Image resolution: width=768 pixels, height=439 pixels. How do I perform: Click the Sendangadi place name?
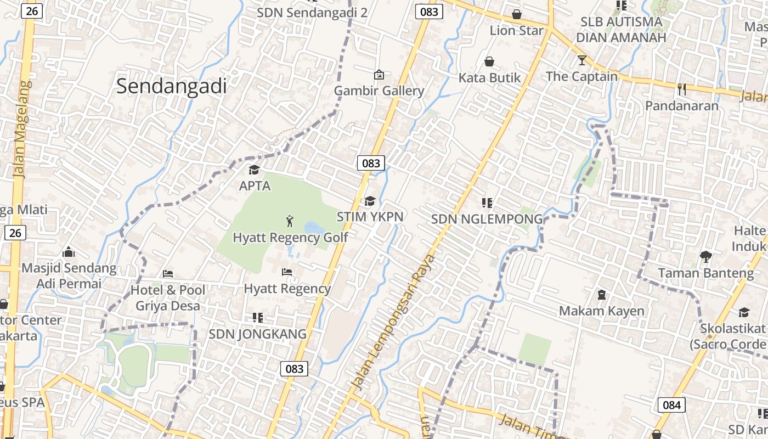click(x=171, y=87)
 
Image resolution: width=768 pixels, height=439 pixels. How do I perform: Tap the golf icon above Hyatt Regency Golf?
click(x=290, y=221)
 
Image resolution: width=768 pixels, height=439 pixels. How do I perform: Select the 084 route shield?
click(x=671, y=405)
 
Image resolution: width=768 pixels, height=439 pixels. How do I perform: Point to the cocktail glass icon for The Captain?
click(x=581, y=60)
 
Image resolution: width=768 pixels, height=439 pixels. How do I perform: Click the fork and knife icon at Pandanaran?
click(x=682, y=89)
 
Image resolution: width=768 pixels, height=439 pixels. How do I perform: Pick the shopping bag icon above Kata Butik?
click(x=489, y=61)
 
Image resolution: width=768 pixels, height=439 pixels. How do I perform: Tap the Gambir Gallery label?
click(x=379, y=91)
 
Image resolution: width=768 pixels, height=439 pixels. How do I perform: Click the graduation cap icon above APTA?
click(x=254, y=170)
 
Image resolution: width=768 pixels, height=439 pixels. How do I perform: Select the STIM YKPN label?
click(x=370, y=217)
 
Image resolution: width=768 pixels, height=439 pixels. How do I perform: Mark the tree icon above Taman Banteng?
click(x=705, y=256)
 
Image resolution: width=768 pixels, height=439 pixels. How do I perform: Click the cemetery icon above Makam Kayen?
click(x=601, y=295)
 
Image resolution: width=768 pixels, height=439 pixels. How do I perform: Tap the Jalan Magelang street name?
click(x=21, y=130)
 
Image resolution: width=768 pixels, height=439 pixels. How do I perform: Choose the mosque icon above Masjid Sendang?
click(x=69, y=252)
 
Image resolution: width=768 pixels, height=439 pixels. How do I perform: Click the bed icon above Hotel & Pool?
click(x=168, y=273)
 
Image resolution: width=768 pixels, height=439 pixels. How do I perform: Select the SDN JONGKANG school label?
click(x=257, y=334)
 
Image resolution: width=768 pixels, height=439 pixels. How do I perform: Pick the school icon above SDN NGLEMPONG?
click(x=487, y=203)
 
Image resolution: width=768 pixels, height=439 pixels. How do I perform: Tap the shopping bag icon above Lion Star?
click(x=516, y=14)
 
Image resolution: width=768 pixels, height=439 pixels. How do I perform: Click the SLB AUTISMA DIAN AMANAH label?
click(x=621, y=30)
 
